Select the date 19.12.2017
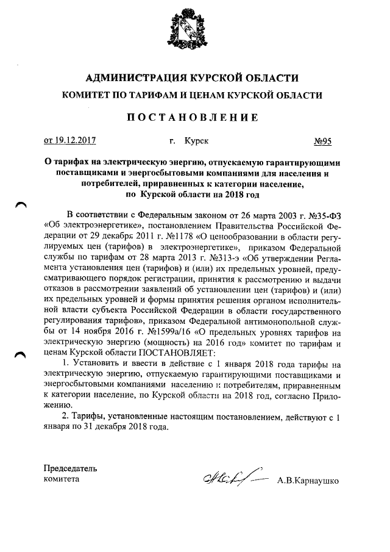[x=75, y=141]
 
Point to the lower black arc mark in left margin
[x=21, y=356]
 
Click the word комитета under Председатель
[x=62, y=479]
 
